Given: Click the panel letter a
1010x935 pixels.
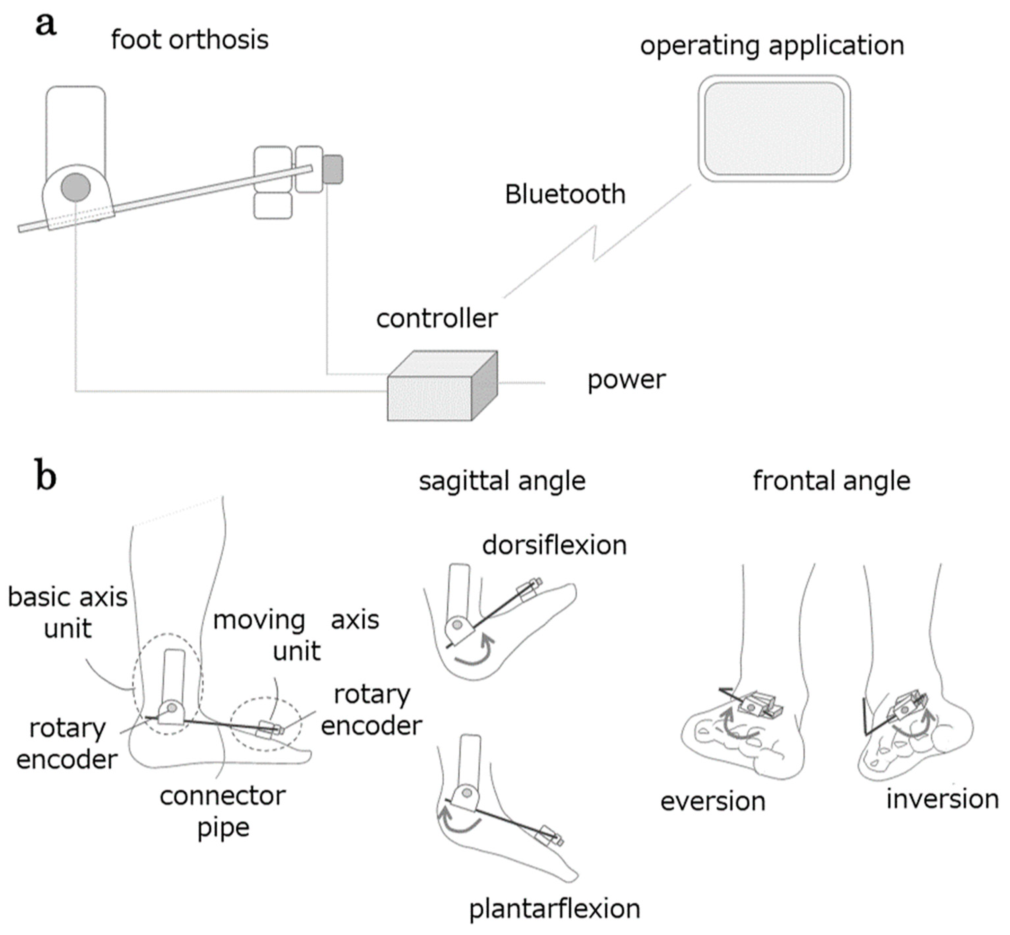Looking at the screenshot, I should click(45, 24).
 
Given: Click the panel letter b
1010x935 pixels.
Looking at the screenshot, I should click(45, 476).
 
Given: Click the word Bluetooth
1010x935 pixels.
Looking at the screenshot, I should click(565, 194).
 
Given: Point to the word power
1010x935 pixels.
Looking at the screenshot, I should click(626, 380).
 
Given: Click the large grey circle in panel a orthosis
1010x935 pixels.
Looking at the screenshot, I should click(76, 187).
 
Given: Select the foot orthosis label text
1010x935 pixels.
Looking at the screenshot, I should click(190, 40).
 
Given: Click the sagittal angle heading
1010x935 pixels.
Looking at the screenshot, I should click(502, 481).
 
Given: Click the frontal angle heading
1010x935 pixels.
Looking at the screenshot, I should click(831, 481).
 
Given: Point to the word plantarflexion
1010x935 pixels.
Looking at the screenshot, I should click(554, 909).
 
